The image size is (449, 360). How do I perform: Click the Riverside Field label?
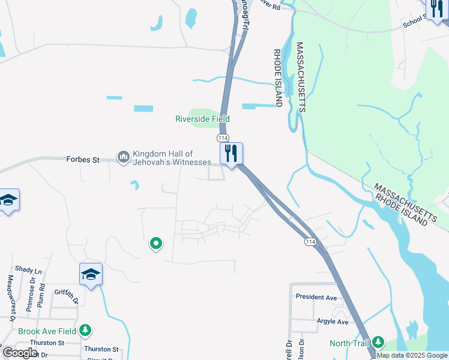[x=202, y=119]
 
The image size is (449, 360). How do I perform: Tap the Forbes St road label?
[x=82, y=160]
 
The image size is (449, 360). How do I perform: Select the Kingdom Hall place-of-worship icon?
[x=124, y=157]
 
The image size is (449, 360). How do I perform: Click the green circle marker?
[x=156, y=243]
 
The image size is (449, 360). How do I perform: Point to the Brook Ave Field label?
[x=47, y=331]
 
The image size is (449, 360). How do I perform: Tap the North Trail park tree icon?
[x=378, y=342]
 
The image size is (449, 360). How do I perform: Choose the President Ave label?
[x=316, y=297]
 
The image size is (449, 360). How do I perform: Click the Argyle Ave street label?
[x=333, y=322]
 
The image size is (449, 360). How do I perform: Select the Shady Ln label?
[x=28, y=271]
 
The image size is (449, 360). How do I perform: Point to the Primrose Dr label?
[x=30, y=296]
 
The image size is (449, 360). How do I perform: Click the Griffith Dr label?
[x=65, y=293]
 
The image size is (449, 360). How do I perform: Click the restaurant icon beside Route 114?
[x=231, y=154]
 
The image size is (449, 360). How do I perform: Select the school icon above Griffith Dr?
[x=91, y=274]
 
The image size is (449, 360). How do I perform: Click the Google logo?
[x=20, y=353]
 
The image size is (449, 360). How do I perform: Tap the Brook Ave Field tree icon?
[x=85, y=330]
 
